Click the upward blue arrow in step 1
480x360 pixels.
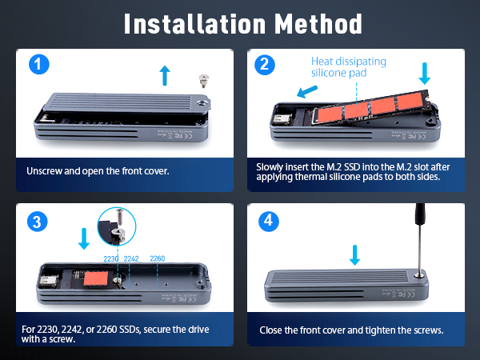[x=165, y=75]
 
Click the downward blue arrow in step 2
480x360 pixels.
[x=424, y=73]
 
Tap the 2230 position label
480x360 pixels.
[x=112, y=258]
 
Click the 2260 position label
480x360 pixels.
[x=158, y=258]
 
